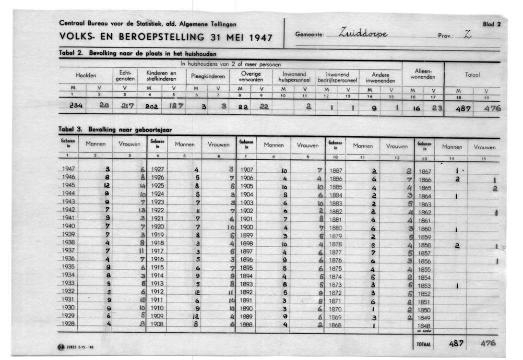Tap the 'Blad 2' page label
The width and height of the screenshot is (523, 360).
492,24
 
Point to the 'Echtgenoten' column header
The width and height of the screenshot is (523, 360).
125,76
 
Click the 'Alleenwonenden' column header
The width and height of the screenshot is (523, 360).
423,74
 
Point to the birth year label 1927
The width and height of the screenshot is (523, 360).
158,169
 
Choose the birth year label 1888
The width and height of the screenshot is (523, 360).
246,324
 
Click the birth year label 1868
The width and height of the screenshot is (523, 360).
335,325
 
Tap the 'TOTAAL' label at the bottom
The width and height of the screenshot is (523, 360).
424,344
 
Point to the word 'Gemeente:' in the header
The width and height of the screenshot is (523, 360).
309,35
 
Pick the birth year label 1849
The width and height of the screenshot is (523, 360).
425,318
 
